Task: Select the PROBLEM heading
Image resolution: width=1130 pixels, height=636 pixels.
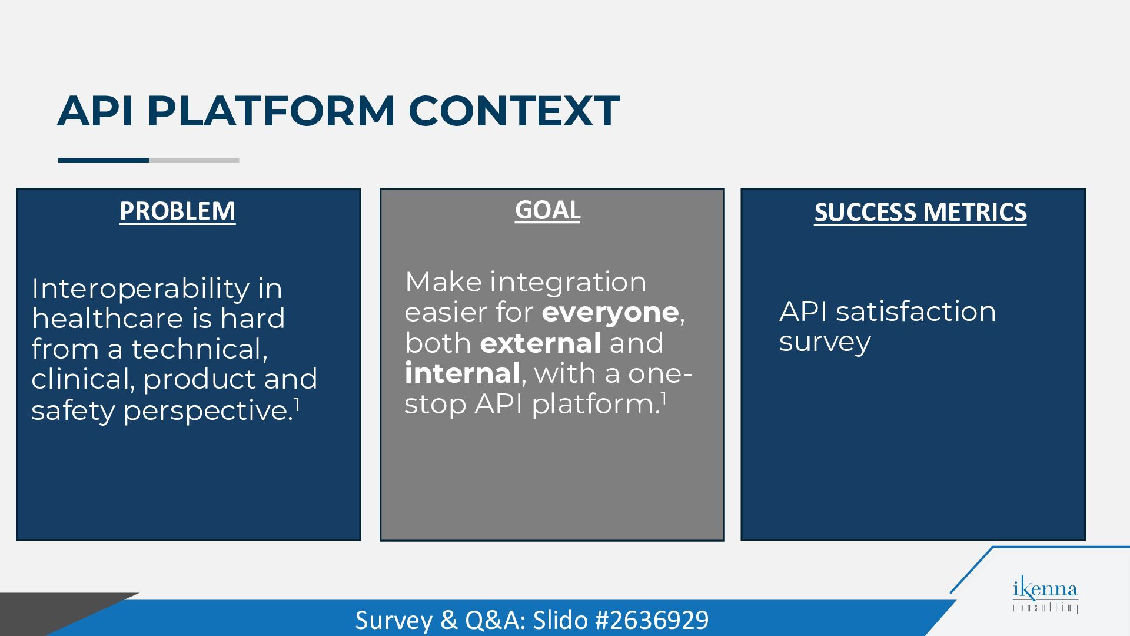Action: coord(177,211)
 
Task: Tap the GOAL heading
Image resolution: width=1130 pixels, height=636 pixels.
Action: coord(547,210)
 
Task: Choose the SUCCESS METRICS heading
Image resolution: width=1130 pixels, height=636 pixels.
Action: coord(920,212)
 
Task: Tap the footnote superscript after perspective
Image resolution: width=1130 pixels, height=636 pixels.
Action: coord(297,405)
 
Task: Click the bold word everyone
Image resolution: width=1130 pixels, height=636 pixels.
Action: coord(610,313)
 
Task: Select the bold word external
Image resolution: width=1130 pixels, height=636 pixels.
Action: coord(540,343)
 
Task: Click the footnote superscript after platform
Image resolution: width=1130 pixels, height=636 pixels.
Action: coord(663,399)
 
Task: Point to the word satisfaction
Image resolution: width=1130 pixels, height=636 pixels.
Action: coord(916,312)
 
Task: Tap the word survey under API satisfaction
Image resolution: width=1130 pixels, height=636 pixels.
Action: coord(825,343)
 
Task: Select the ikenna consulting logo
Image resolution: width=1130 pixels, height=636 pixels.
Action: coord(1045,596)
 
